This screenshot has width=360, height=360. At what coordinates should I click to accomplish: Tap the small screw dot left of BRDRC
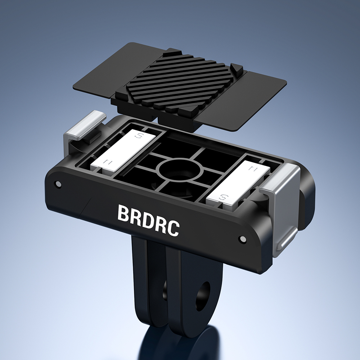[x=58, y=185]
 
